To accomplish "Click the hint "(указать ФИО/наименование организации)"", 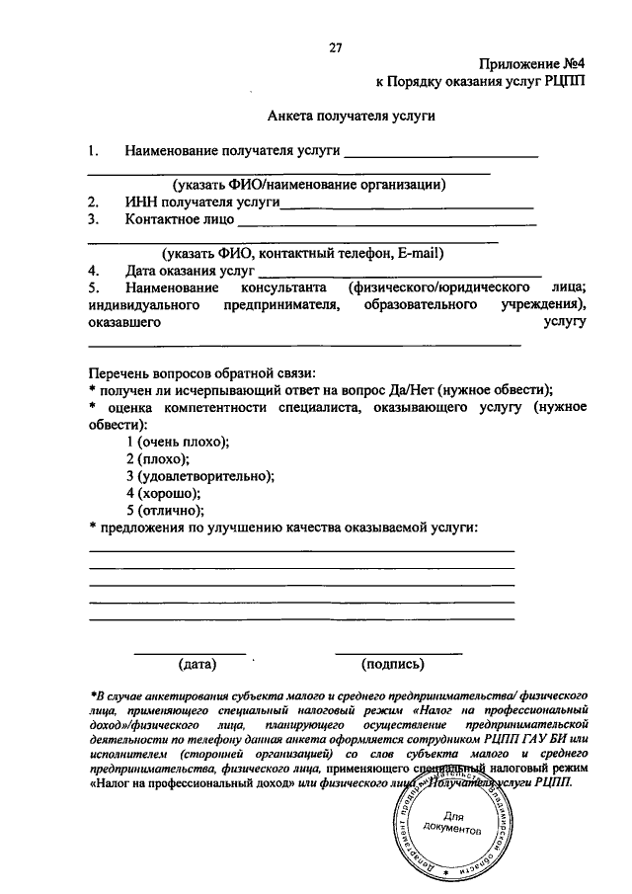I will pyautogui.click(x=310, y=185).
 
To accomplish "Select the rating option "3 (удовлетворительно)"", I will pyautogui.click(x=200, y=475).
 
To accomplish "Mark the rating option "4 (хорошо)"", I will pyautogui.click(x=163, y=493).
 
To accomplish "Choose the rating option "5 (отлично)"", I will pyautogui.click(x=165, y=510).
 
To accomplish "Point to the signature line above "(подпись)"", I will pyautogui.click(x=398, y=653).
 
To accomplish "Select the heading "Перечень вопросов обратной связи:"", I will pyautogui.click(x=201, y=372).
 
